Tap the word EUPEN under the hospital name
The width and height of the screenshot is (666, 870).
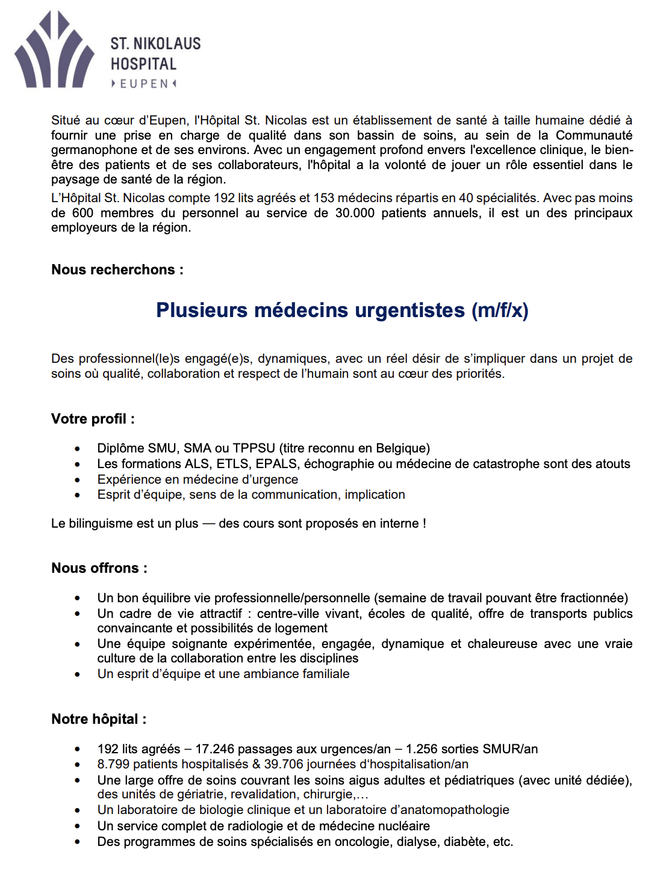pyautogui.click(x=144, y=84)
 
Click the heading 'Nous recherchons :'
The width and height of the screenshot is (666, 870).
pyautogui.click(x=117, y=270)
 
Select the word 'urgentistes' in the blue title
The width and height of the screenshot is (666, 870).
pyautogui.click(x=410, y=310)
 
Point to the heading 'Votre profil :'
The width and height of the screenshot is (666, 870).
pyautogui.click(x=93, y=419)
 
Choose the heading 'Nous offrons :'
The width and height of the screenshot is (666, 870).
pyautogui.click(x=99, y=568)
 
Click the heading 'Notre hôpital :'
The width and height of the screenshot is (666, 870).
pyautogui.click(x=99, y=719)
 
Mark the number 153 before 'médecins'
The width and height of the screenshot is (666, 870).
pyautogui.click(x=323, y=198)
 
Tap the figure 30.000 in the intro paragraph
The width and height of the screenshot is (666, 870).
pyautogui.click(x=355, y=213)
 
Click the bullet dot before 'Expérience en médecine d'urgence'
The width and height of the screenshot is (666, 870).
pyautogui.click(x=77, y=480)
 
